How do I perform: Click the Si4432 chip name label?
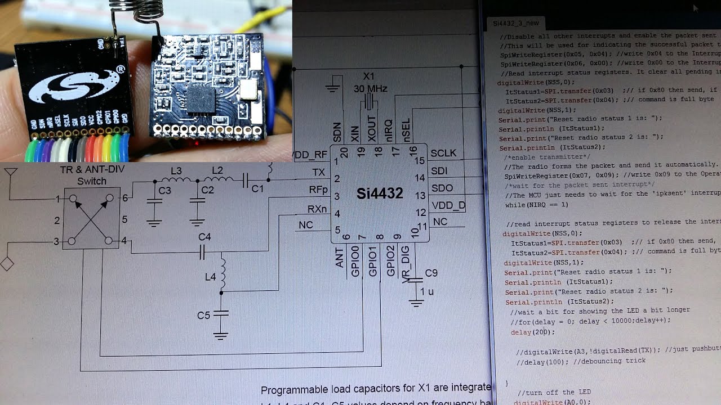coord(380,194)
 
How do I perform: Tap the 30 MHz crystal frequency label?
coord(370,89)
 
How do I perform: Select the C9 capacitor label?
coord(431,273)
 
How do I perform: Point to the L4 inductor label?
coord(211,277)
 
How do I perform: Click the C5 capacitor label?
coord(203,316)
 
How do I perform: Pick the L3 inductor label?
coord(176,171)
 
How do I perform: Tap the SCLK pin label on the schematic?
coord(443,154)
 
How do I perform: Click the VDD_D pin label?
coord(448,205)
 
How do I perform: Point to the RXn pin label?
coord(317,209)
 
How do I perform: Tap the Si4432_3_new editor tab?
coord(515,23)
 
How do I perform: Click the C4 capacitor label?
coord(204,237)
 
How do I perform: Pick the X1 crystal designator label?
coord(368,76)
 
